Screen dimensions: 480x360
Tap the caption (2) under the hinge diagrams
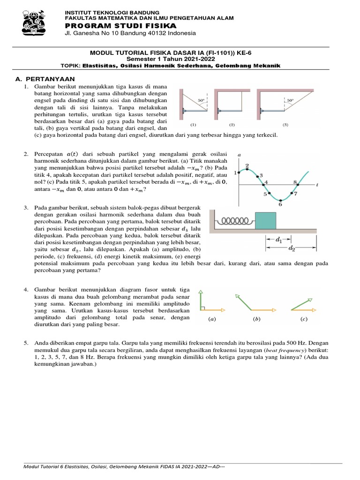pos(232,125)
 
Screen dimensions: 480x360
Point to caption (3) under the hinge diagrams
pos(285,125)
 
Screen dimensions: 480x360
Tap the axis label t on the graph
pos(317,185)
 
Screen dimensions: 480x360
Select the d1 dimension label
pos(279,240)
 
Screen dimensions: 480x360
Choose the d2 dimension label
pos(292,248)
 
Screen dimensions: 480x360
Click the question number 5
pos(26,344)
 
